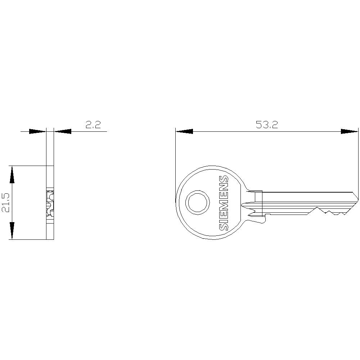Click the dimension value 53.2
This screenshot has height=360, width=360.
[266, 125]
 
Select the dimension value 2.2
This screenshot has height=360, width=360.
[93, 125]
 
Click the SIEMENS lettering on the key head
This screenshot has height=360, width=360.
[224, 203]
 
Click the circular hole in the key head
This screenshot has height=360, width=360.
[198, 202]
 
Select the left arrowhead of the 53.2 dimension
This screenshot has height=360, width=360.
[184, 131]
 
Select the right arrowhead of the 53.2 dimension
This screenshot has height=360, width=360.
[350, 131]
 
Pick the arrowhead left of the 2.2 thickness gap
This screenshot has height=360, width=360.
[37, 131]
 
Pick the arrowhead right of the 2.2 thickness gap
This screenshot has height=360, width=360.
[63, 131]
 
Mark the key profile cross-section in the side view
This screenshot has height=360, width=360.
[50, 204]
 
